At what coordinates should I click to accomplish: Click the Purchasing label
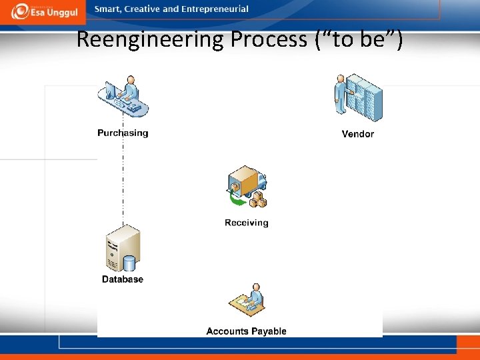123,133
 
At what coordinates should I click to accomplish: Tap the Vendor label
357,134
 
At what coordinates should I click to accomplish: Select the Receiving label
246,223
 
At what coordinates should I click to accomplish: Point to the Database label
122,279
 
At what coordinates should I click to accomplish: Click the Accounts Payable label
246,331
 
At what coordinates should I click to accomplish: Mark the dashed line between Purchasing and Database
123,180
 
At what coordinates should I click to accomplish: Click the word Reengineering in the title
151,39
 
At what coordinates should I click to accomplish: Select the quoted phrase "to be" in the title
361,39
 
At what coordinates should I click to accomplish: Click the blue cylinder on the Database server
131,263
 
